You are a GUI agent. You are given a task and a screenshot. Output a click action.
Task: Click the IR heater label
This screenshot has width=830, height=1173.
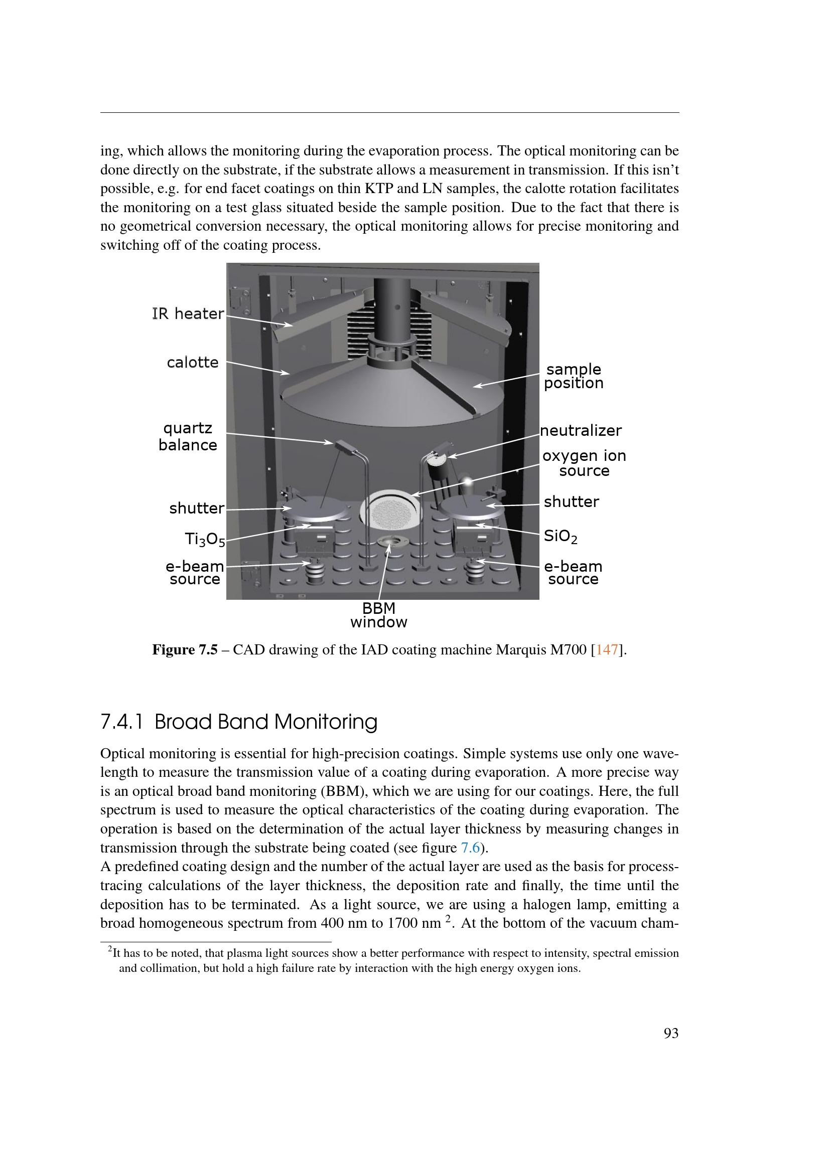pyautogui.click(x=188, y=313)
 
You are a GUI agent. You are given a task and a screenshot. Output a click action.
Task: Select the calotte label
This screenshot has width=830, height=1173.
pyautogui.click(x=193, y=362)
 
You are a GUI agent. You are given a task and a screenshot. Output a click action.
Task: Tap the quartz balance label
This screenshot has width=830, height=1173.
pyautogui.click(x=188, y=436)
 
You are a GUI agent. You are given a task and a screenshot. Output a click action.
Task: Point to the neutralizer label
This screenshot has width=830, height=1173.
pyautogui.click(x=581, y=430)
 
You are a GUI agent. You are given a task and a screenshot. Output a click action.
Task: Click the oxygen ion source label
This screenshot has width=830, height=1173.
pyautogui.click(x=584, y=463)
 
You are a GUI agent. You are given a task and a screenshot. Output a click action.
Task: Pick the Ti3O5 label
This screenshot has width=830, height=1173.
pyautogui.click(x=204, y=539)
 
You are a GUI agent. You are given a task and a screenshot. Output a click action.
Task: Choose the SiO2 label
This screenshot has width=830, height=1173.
pyautogui.click(x=560, y=536)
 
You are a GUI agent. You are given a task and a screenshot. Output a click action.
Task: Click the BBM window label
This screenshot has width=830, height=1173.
pyautogui.click(x=379, y=615)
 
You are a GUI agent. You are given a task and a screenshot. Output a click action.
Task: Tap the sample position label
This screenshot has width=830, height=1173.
pyautogui.click(x=574, y=376)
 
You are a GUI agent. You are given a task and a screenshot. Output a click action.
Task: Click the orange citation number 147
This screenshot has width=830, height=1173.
pyautogui.click(x=607, y=650)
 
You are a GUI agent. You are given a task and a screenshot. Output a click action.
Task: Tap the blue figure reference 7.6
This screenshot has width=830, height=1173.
pyautogui.click(x=470, y=848)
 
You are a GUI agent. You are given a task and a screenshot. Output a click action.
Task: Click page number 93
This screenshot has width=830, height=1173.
pyautogui.click(x=670, y=1033)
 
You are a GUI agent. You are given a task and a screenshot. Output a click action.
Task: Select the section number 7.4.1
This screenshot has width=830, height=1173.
pyautogui.click(x=121, y=722)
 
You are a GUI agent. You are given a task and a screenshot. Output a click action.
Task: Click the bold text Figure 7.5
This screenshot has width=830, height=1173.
pyautogui.click(x=185, y=650)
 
